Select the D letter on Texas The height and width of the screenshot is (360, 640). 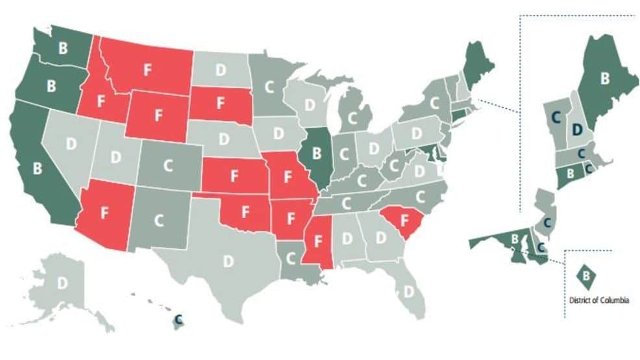pyautogui.click(x=228, y=261)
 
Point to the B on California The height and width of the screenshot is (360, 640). pyautogui.click(x=37, y=168)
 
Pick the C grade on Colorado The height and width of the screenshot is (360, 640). pyautogui.click(x=167, y=165)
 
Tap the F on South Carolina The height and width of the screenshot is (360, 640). pyautogui.click(x=405, y=220)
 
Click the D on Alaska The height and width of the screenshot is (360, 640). pyautogui.click(x=62, y=283)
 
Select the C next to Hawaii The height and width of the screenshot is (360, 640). pyautogui.click(x=179, y=319)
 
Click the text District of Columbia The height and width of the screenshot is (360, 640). pyautogui.click(x=598, y=300)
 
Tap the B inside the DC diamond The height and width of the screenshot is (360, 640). pyautogui.click(x=586, y=275)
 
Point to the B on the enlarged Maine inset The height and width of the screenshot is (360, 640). pyautogui.click(x=604, y=80)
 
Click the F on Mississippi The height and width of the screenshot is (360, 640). pyautogui.click(x=319, y=241)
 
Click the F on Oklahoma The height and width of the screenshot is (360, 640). pyautogui.click(x=245, y=211)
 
